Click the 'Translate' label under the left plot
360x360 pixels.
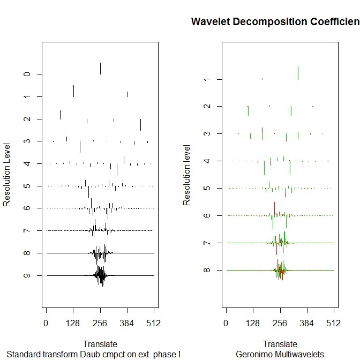click(100, 343)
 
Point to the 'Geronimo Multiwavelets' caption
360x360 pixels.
click(280, 354)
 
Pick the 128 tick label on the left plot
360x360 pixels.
click(73, 324)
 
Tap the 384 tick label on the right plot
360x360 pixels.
click(307, 324)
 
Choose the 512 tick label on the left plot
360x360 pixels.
click(154, 324)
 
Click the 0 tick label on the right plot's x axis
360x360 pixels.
click(227, 324)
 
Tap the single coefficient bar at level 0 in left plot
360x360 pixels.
click(100, 69)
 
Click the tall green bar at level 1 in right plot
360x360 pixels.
click(298, 73)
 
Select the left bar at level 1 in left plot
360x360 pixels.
click(73, 91)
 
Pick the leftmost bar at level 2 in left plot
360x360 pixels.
click(60, 115)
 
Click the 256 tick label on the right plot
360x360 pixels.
click(280, 324)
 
